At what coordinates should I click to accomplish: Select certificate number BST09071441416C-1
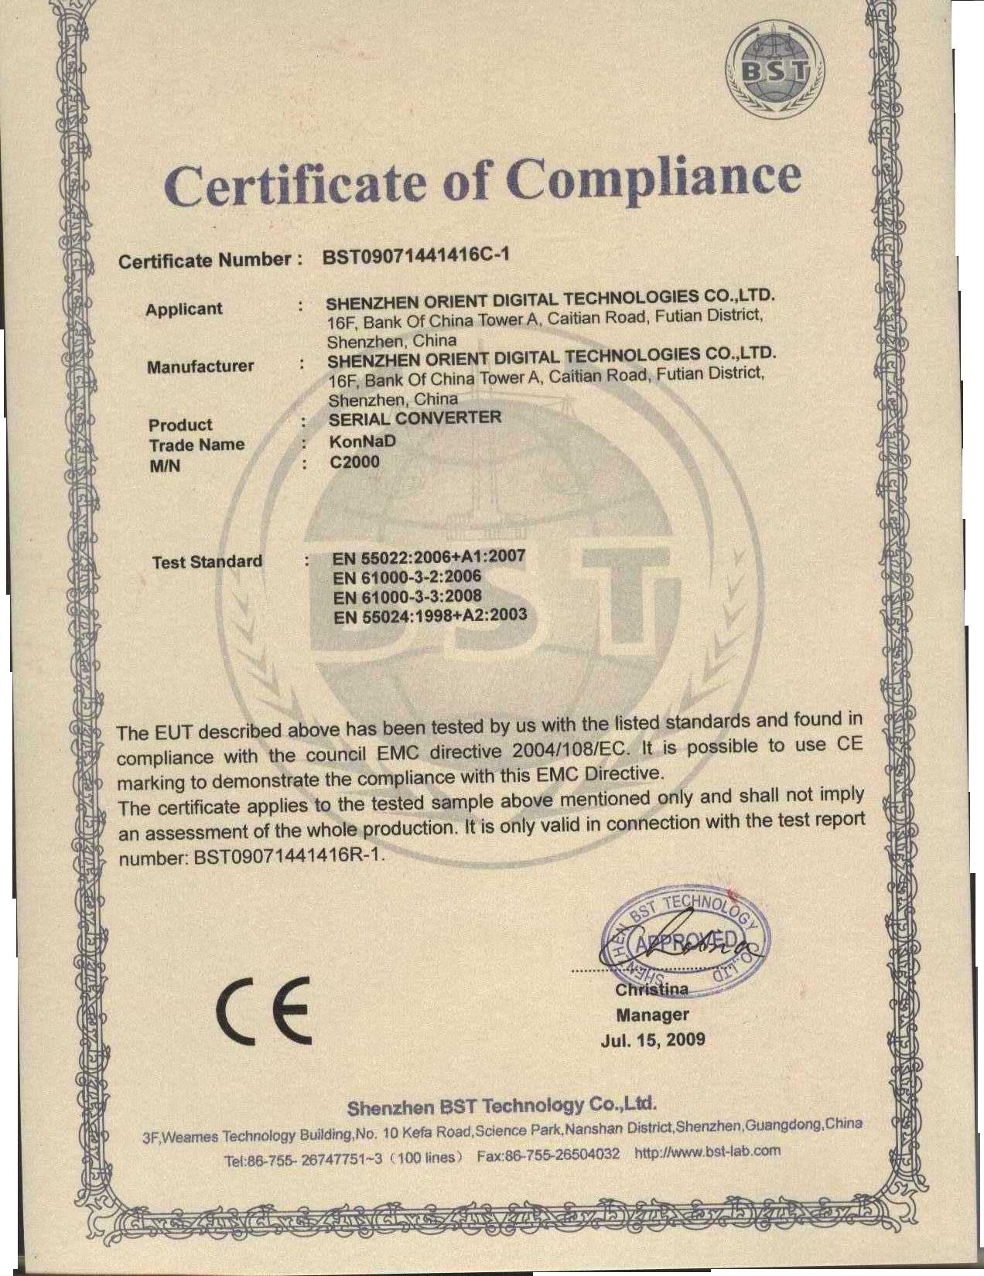tap(416, 256)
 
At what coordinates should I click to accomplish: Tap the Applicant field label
tap(183, 309)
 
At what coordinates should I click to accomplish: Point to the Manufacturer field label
tap(200, 367)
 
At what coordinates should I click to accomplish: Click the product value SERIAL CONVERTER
tap(415, 419)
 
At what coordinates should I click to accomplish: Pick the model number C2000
tap(354, 462)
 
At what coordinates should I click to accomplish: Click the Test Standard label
tap(207, 561)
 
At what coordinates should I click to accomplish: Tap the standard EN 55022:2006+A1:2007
tap(429, 556)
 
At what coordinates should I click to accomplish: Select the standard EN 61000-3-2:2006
tap(407, 577)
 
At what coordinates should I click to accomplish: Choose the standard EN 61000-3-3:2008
tap(408, 596)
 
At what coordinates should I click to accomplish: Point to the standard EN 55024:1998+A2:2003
tap(429, 616)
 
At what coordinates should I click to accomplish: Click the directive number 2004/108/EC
tap(571, 750)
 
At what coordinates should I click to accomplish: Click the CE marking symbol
tap(262, 1010)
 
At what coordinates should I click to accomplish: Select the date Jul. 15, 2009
tap(653, 1039)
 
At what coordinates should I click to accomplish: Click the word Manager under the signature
tap(652, 1014)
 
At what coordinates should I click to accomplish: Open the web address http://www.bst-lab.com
tap(707, 1151)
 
